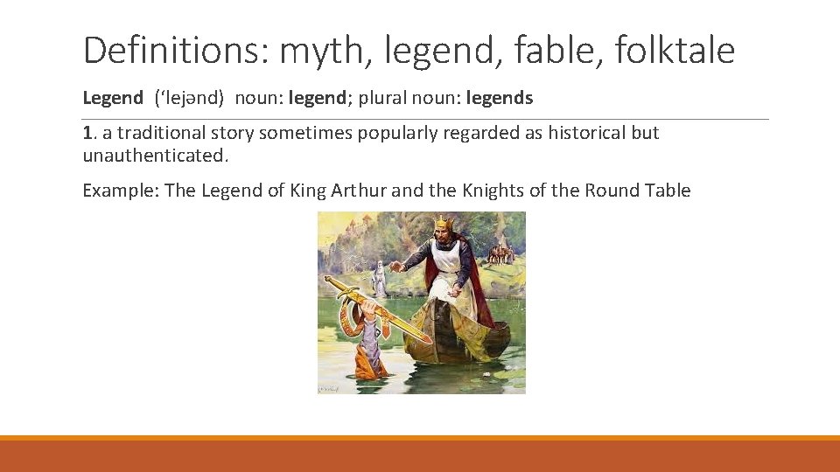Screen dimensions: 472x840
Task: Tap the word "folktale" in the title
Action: (675, 51)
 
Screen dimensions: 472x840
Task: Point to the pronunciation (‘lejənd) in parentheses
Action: (190, 98)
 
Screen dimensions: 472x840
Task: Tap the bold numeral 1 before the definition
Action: (87, 133)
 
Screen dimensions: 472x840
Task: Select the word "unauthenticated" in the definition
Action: (154, 156)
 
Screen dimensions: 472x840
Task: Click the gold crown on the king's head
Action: (444, 223)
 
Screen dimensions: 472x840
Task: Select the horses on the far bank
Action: (500, 253)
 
